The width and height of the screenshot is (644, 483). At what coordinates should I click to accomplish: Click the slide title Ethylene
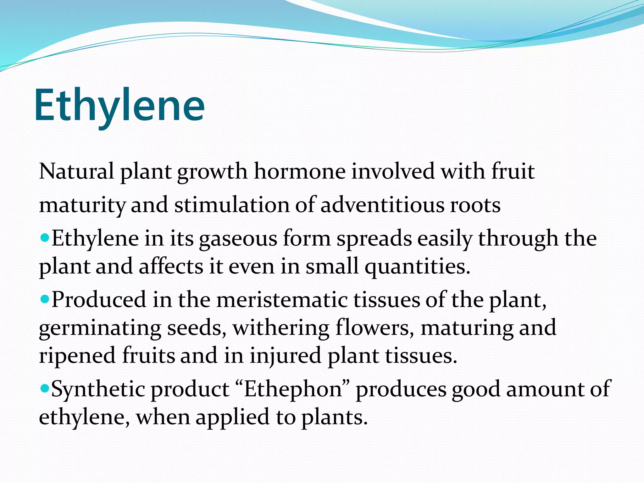(119, 105)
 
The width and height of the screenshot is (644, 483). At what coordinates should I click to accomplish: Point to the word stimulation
(231, 205)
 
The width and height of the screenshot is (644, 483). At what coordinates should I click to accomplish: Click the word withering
(281, 328)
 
